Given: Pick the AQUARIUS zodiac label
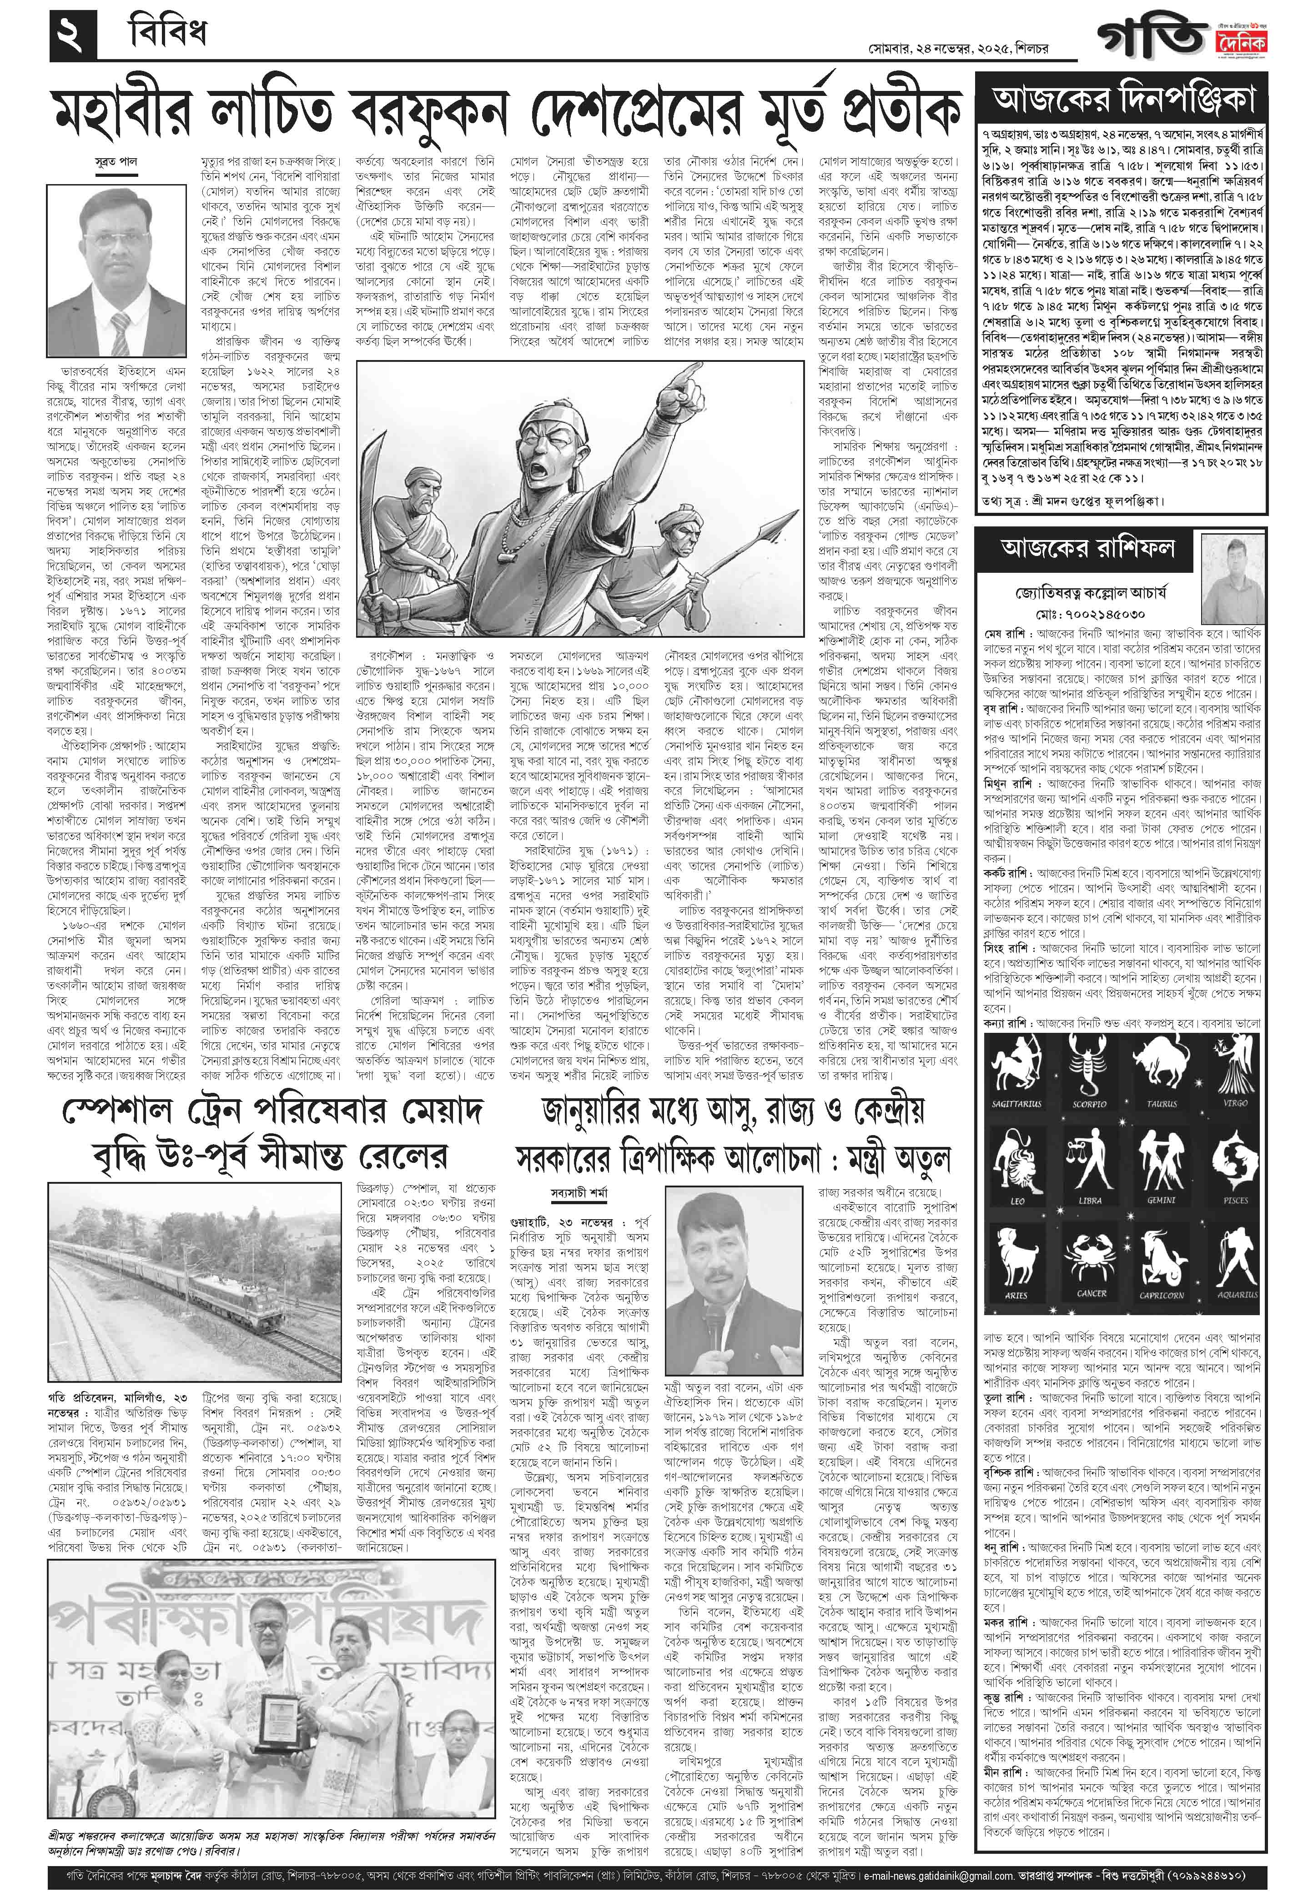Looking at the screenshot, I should point(1236,1294).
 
